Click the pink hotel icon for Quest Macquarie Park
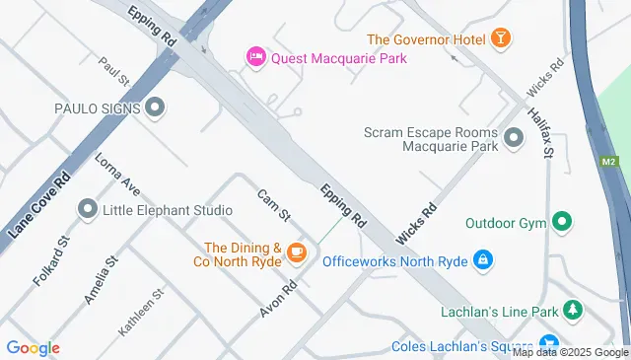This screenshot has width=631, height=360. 255,58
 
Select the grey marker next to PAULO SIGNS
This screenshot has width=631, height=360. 154,108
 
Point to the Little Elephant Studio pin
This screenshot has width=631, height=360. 88,210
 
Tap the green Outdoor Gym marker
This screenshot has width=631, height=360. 562,222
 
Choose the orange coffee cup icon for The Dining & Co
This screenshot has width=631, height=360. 295,255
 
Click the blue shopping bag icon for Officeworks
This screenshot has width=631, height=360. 482,260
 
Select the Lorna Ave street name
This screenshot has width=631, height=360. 117,173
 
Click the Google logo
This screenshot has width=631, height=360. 33,348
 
